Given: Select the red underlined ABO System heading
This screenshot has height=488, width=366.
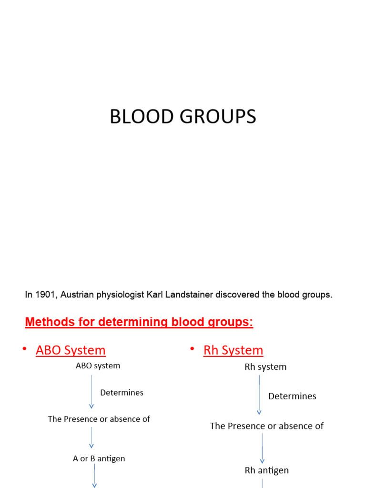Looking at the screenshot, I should pyautogui.click(x=71, y=350).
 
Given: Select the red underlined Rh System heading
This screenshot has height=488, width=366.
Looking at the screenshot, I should pyautogui.click(x=233, y=350).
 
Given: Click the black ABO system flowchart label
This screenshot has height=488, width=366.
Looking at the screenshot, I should pyautogui.click(x=98, y=366).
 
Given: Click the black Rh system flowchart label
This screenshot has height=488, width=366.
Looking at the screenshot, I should pyautogui.click(x=265, y=367).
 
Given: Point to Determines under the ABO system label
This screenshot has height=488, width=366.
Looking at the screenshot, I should pyautogui.click(x=122, y=393).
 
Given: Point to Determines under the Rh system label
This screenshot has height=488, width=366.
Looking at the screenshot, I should pyautogui.click(x=292, y=396).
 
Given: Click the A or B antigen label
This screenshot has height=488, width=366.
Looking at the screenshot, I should pyautogui.click(x=99, y=458).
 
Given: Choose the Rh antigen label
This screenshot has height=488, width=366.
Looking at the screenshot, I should pyautogui.click(x=266, y=470).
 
